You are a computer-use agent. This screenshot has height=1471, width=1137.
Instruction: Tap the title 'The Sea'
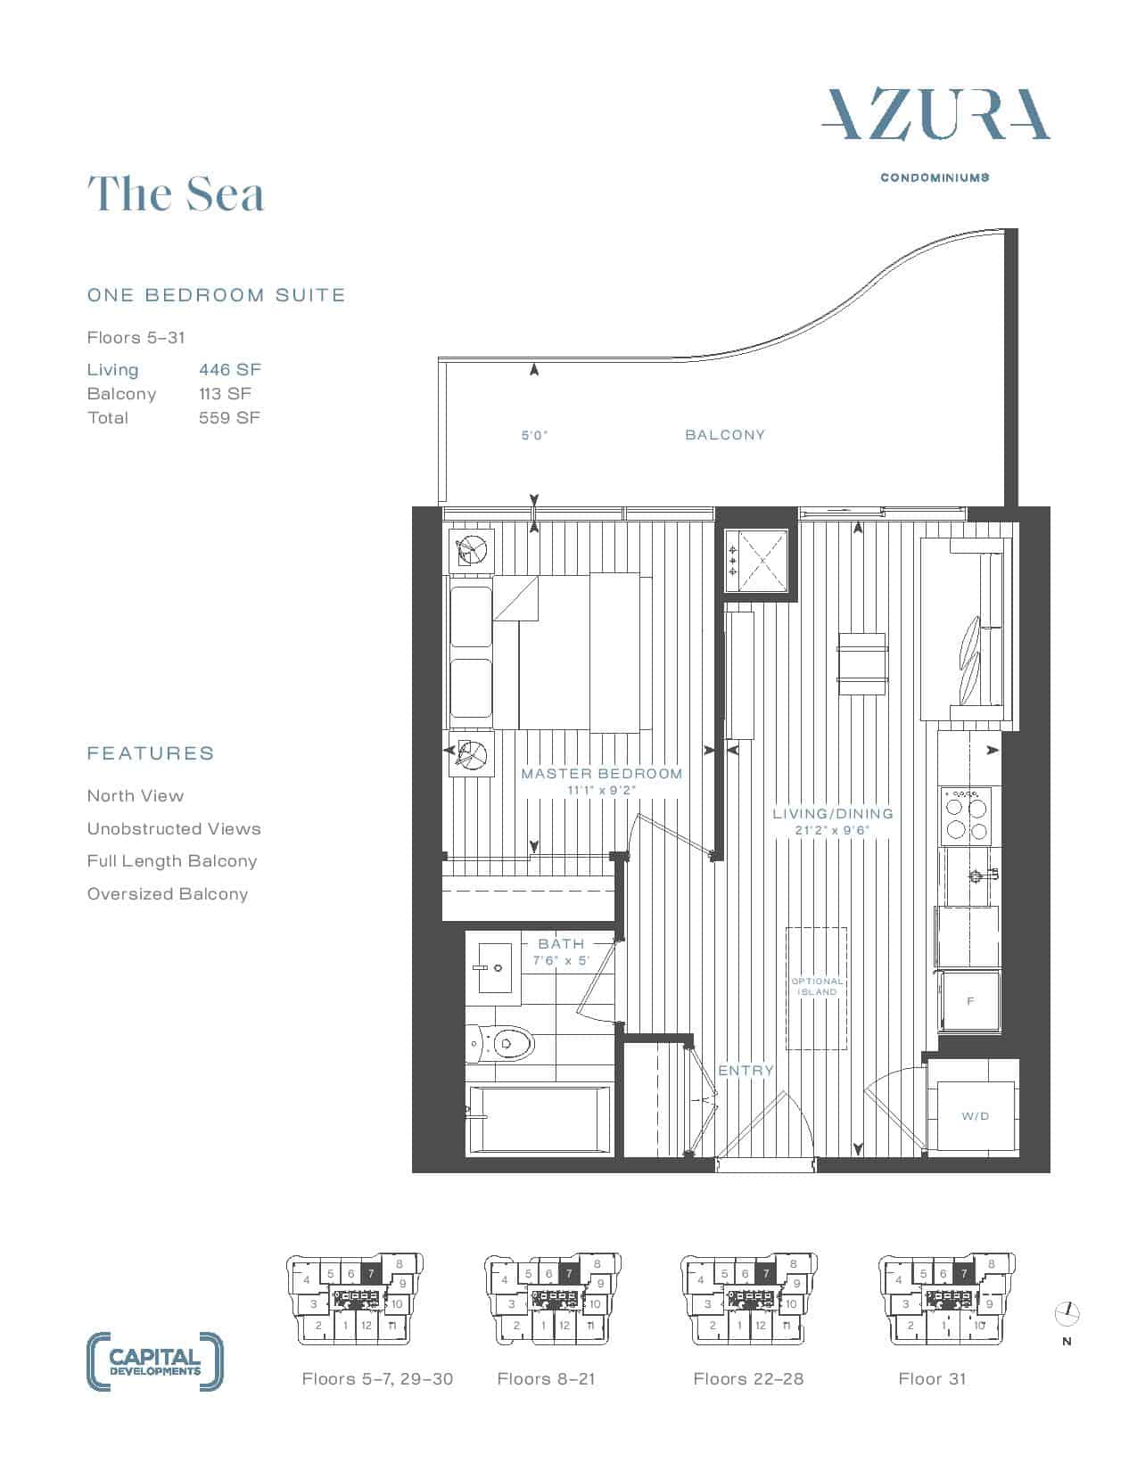[x=176, y=193]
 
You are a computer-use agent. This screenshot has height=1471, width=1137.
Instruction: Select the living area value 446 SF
[x=229, y=370]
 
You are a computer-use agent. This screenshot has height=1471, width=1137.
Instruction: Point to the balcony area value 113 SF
[x=225, y=393]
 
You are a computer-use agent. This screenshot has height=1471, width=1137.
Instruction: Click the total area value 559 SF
[x=229, y=417]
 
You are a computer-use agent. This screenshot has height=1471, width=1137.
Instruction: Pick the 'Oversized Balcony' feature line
[x=168, y=893]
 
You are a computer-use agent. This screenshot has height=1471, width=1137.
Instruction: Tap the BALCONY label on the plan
[x=725, y=434]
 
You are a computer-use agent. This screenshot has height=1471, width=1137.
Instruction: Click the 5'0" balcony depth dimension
[x=534, y=435]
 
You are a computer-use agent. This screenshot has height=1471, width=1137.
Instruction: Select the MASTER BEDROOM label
[x=601, y=773]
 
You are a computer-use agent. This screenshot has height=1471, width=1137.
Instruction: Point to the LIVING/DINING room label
[x=833, y=813]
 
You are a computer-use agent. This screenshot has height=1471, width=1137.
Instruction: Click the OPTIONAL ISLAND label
[x=817, y=986]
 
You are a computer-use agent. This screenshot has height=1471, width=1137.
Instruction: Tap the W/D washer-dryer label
[x=976, y=1115]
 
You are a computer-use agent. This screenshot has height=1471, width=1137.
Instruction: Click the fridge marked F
[x=969, y=1001]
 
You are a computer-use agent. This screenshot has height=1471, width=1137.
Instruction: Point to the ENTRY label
[x=746, y=1070]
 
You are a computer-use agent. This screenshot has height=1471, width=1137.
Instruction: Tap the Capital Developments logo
[x=155, y=1361]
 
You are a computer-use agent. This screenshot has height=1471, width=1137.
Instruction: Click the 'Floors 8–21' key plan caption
[x=546, y=1379]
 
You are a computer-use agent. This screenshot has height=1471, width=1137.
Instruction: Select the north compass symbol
[x=1067, y=1314]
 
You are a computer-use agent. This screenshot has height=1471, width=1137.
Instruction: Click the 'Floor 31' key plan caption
[x=932, y=1379]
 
